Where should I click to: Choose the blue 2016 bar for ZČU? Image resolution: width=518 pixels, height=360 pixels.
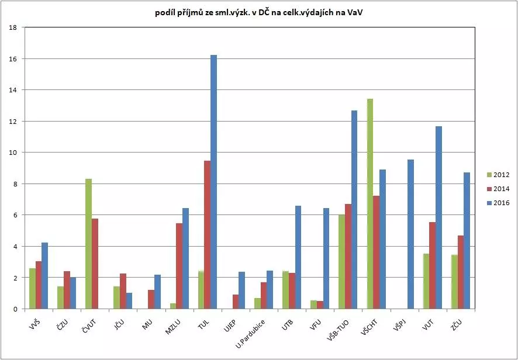[x=467, y=240]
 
